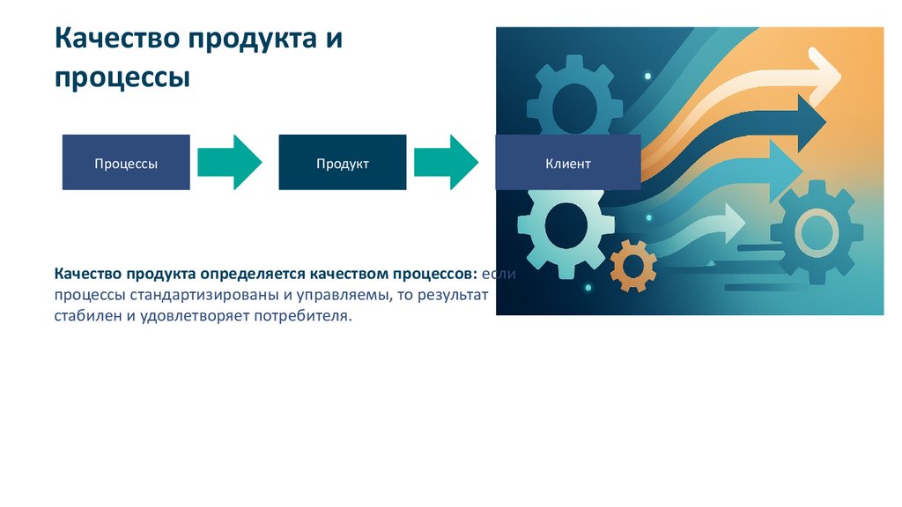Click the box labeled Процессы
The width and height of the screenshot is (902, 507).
[126, 163]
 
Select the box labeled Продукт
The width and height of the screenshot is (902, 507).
[342, 163]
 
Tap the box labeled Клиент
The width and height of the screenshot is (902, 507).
[567, 163]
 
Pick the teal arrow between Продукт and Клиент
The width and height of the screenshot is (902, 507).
[447, 162]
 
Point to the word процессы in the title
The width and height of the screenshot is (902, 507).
[123, 77]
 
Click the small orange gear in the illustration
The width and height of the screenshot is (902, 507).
[633, 265]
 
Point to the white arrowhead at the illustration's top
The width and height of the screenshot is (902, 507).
[824, 75]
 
